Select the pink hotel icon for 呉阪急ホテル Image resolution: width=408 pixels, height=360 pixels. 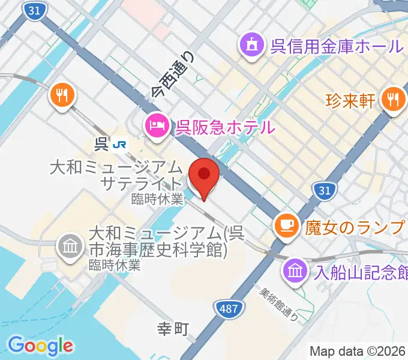pos(157,127)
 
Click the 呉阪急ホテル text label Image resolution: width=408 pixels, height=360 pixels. pos(224,127)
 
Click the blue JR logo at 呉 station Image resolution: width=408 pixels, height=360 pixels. pos(122,144)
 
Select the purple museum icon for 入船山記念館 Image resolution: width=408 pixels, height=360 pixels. pos(295,269)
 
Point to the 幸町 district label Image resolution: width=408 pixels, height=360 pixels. pos(173,329)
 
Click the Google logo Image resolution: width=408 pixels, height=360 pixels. pos(41,345)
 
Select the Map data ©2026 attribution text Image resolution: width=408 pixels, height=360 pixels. pos(357,351)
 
